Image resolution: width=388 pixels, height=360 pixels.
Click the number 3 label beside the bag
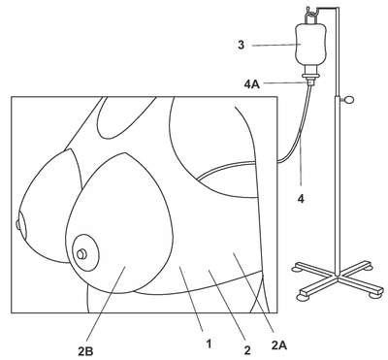(241, 45)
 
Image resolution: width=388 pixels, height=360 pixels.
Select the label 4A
(252, 85)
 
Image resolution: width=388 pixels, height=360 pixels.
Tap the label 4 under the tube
(301, 199)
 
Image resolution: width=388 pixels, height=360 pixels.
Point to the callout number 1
(210, 344)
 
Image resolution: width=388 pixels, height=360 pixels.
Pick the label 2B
(85, 350)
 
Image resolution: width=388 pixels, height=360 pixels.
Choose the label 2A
(279, 345)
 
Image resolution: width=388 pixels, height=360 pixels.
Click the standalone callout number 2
(247, 350)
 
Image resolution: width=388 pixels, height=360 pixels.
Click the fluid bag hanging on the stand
(310, 45)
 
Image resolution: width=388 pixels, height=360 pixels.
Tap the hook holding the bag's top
(311, 15)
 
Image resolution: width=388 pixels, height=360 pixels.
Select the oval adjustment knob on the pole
(349, 100)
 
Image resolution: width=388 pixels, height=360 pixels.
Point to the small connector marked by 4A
(310, 82)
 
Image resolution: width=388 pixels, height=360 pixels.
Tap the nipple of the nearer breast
(81, 254)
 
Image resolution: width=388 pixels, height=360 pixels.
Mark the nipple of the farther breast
(17, 224)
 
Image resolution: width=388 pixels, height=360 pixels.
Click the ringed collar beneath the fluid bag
(310, 76)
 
